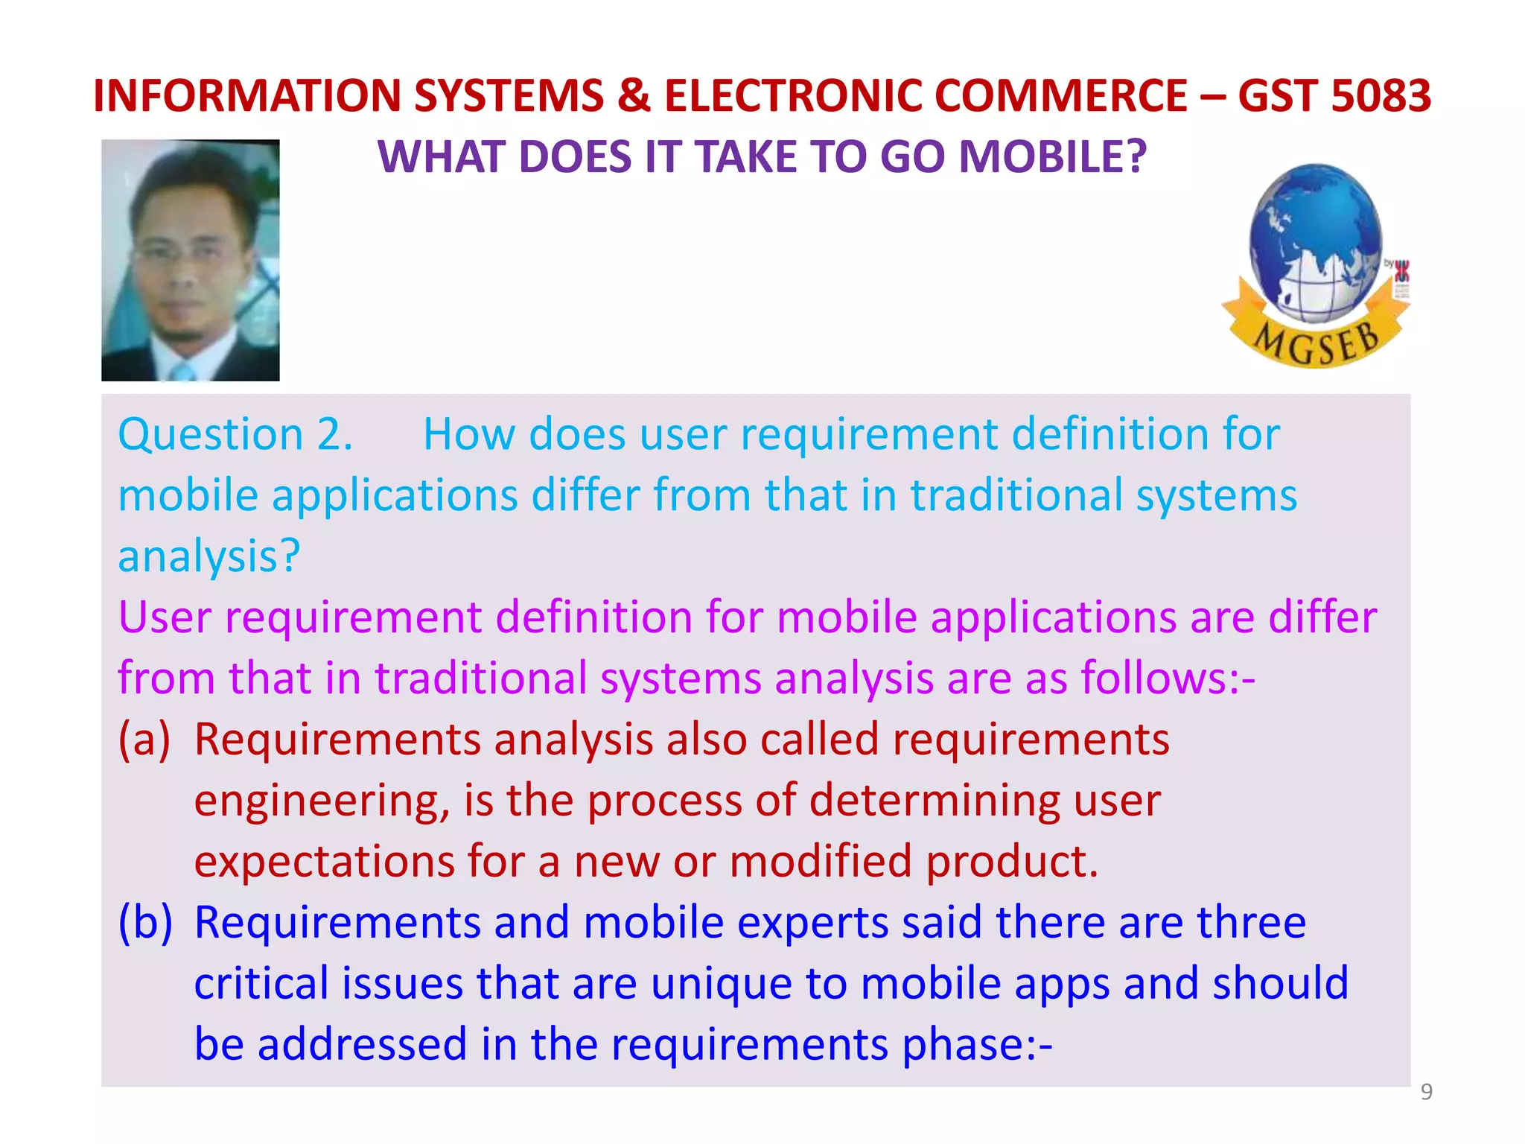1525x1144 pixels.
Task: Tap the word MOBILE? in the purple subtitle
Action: (1052, 157)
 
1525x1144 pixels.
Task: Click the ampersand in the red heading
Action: (634, 96)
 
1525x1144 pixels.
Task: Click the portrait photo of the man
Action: (191, 260)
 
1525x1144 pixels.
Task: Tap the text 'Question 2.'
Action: (235, 434)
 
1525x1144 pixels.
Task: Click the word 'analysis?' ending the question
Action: (209, 556)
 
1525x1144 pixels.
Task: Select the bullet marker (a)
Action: (144, 740)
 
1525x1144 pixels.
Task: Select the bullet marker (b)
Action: (145, 923)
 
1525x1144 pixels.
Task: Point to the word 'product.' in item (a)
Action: (1012, 862)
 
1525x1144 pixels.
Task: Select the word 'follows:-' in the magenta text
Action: (1168, 679)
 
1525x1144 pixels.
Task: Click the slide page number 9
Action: (1427, 1092)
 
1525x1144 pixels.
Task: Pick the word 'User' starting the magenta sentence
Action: (165, 617)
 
